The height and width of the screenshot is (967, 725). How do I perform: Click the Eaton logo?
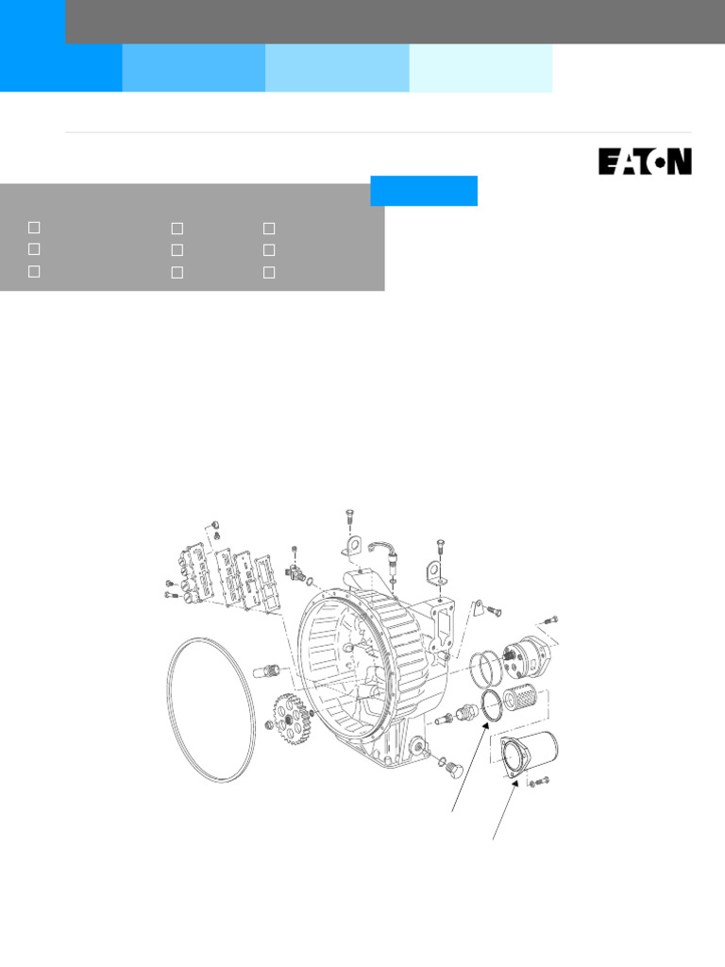coord(645,161)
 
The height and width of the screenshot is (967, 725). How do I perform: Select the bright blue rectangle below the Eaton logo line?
coord(424,190)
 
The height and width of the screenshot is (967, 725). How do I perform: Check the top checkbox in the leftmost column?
coord(34,228)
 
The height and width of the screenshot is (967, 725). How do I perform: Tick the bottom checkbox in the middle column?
coord(177,272)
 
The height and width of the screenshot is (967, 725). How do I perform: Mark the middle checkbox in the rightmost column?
coord(269,250)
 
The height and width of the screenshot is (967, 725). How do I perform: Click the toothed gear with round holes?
coord(292,717)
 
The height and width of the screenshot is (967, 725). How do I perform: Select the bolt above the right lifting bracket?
coord(440,546)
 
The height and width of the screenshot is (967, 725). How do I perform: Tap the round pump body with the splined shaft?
coord(527,653)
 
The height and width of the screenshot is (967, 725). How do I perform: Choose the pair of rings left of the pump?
coord(487,668)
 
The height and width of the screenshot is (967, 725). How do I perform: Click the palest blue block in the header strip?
coord(481,67)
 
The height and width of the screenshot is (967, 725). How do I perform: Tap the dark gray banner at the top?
coord(395,21)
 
